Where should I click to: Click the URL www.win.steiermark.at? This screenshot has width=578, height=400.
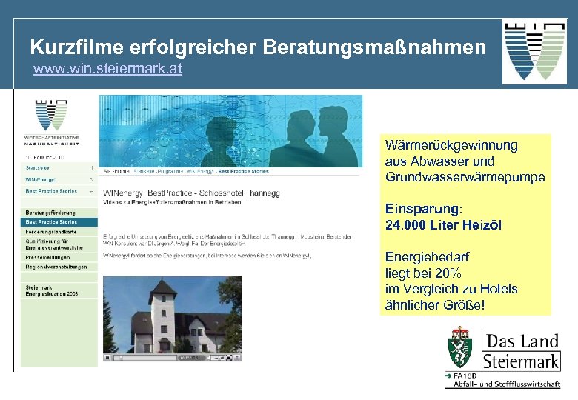click(x=107, y=70)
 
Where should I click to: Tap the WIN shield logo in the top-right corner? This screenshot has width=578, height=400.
click(x=534, y=50)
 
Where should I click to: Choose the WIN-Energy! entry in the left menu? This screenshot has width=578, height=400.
click(x=41, y=179)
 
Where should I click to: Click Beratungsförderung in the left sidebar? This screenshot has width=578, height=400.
click(x=50, y=213)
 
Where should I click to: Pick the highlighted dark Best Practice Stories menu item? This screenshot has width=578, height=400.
click(x=52, y=221)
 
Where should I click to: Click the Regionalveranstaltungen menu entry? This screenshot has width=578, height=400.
click(x=56, y=267)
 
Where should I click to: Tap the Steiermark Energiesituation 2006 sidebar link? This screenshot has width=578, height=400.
click(x=52, y=290)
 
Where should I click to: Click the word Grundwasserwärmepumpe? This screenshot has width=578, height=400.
click(x=465, y=177)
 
